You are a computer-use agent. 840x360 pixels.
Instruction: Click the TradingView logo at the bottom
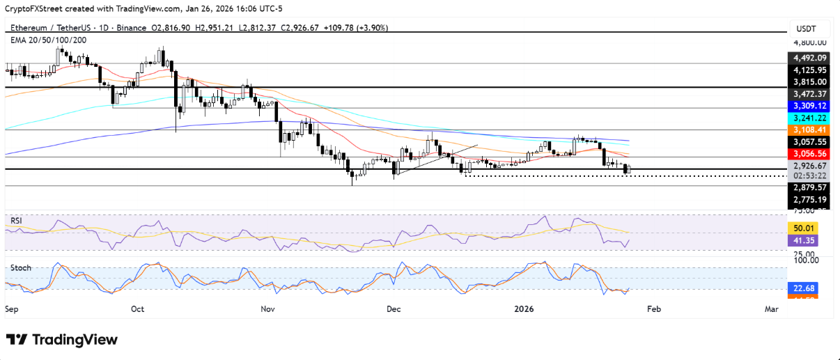click(x=62, y=340)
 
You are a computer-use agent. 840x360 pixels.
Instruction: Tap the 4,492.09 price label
click(x=807, y=58)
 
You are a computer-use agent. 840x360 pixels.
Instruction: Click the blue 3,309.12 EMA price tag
click(x=807, y=105)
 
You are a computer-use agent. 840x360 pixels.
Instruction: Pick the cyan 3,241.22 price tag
click(x=807, y=118)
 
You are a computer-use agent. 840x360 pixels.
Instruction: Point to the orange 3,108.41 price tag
click(x=807, y=130)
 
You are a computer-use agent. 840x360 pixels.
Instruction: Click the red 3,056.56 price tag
click(x=807, y=153)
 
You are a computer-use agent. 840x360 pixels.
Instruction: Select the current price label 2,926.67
click(x=807, y=166)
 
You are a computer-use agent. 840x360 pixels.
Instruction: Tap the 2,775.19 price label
click(x=807, y=200)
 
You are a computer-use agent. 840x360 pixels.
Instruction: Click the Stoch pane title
click(x=20, y=267)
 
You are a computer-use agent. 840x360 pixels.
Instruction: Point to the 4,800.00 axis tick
click(x=807, y=42)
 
